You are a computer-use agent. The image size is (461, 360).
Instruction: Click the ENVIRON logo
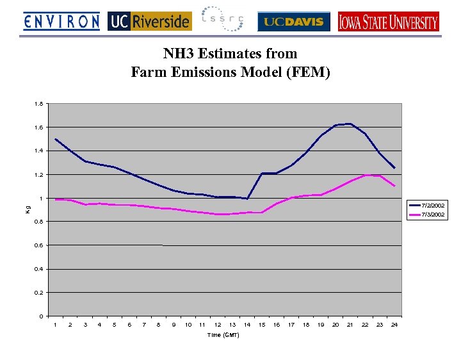(61, 22)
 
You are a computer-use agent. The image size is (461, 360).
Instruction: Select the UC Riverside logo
(150, 22)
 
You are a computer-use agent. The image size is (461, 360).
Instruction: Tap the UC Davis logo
(294, 22)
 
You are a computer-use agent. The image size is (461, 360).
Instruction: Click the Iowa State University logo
(389, 22)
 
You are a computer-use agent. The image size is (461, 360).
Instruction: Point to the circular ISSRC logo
(222, 19)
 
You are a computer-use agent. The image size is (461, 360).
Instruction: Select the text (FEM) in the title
(309, 72)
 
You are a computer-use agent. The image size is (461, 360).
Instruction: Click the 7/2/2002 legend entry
(433, 205)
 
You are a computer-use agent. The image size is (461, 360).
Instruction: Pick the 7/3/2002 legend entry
(433, 215)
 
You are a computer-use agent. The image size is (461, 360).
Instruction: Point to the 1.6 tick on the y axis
(39, 127)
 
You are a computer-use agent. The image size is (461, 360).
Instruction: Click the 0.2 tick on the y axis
(39, 293)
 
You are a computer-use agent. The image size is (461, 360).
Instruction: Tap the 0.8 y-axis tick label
(39, 222)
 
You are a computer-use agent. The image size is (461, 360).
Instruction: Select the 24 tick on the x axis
(394, 325)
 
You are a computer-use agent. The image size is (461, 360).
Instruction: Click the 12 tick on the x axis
(218, 325)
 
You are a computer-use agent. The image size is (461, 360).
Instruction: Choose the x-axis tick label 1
(56, 325)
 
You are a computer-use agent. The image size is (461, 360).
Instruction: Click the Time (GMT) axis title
(223, 336)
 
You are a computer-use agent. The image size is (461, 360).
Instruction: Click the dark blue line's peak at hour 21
(350, 124)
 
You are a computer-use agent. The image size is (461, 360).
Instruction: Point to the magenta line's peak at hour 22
(365, 175)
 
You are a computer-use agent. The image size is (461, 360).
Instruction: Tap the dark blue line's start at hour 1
(56, 139)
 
